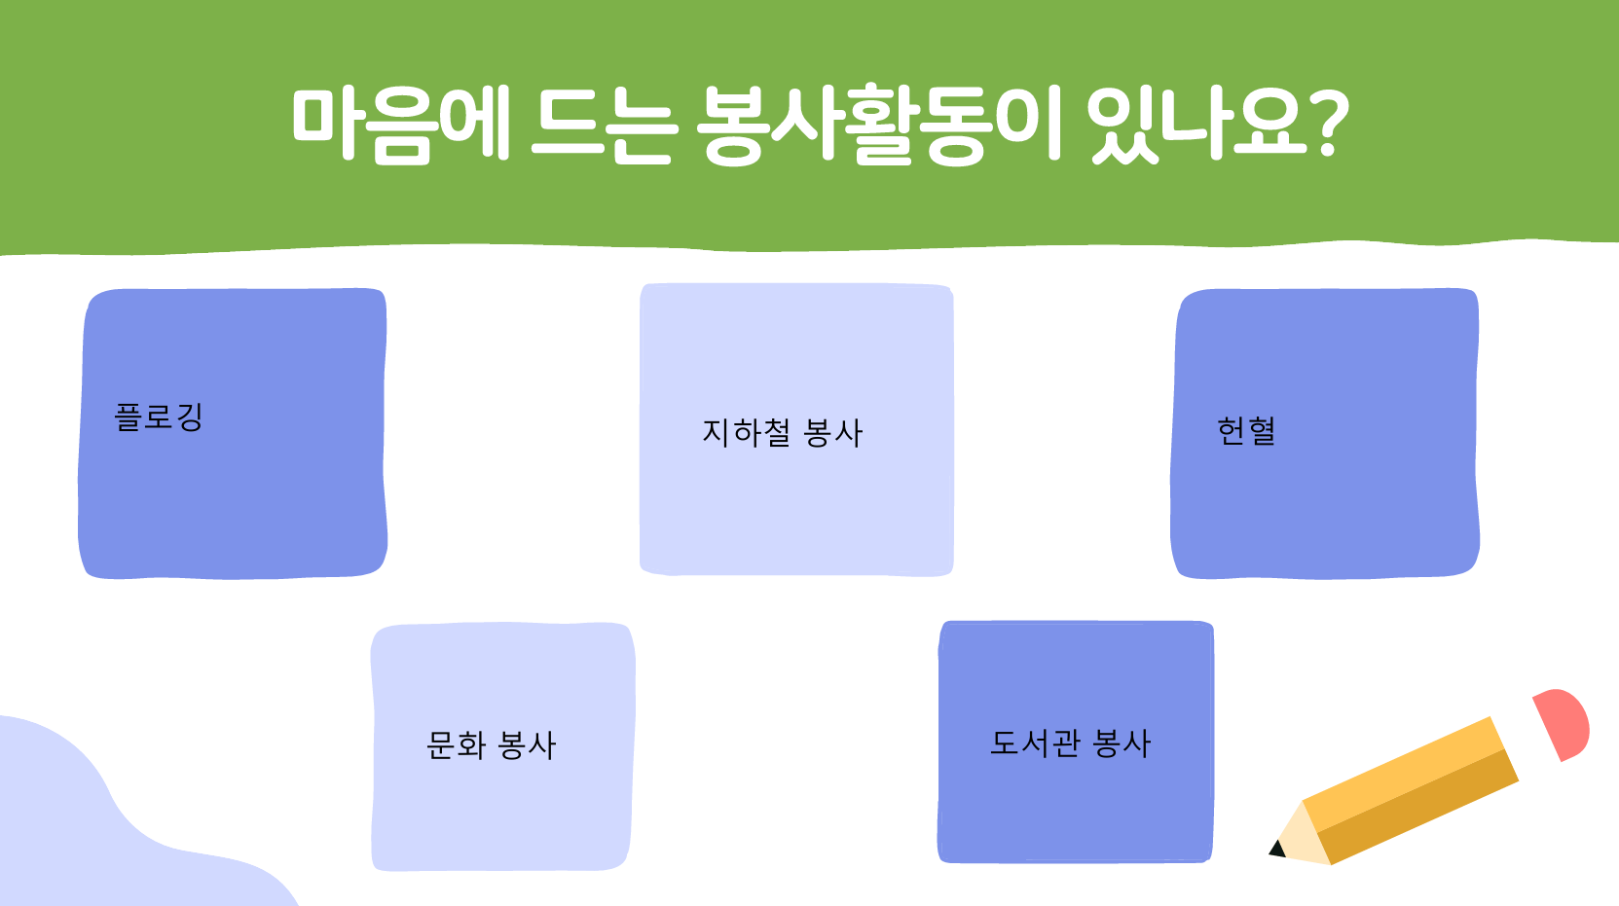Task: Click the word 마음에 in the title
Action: click(x=401, y=123)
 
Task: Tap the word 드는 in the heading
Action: click(x=605, y=125)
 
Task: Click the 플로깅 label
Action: click(x=159, y=417)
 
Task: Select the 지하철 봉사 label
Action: click(x=783, y=433)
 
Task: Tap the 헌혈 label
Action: click(x=1246, y=430)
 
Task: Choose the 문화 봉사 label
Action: click(x=491, y=745)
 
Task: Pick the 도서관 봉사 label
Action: click(x=1070, y=743)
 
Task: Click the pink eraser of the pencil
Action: click(x=1564, y=723)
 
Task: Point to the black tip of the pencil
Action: click(x=1277, y=849)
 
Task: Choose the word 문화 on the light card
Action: click(x=456, y=745)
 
